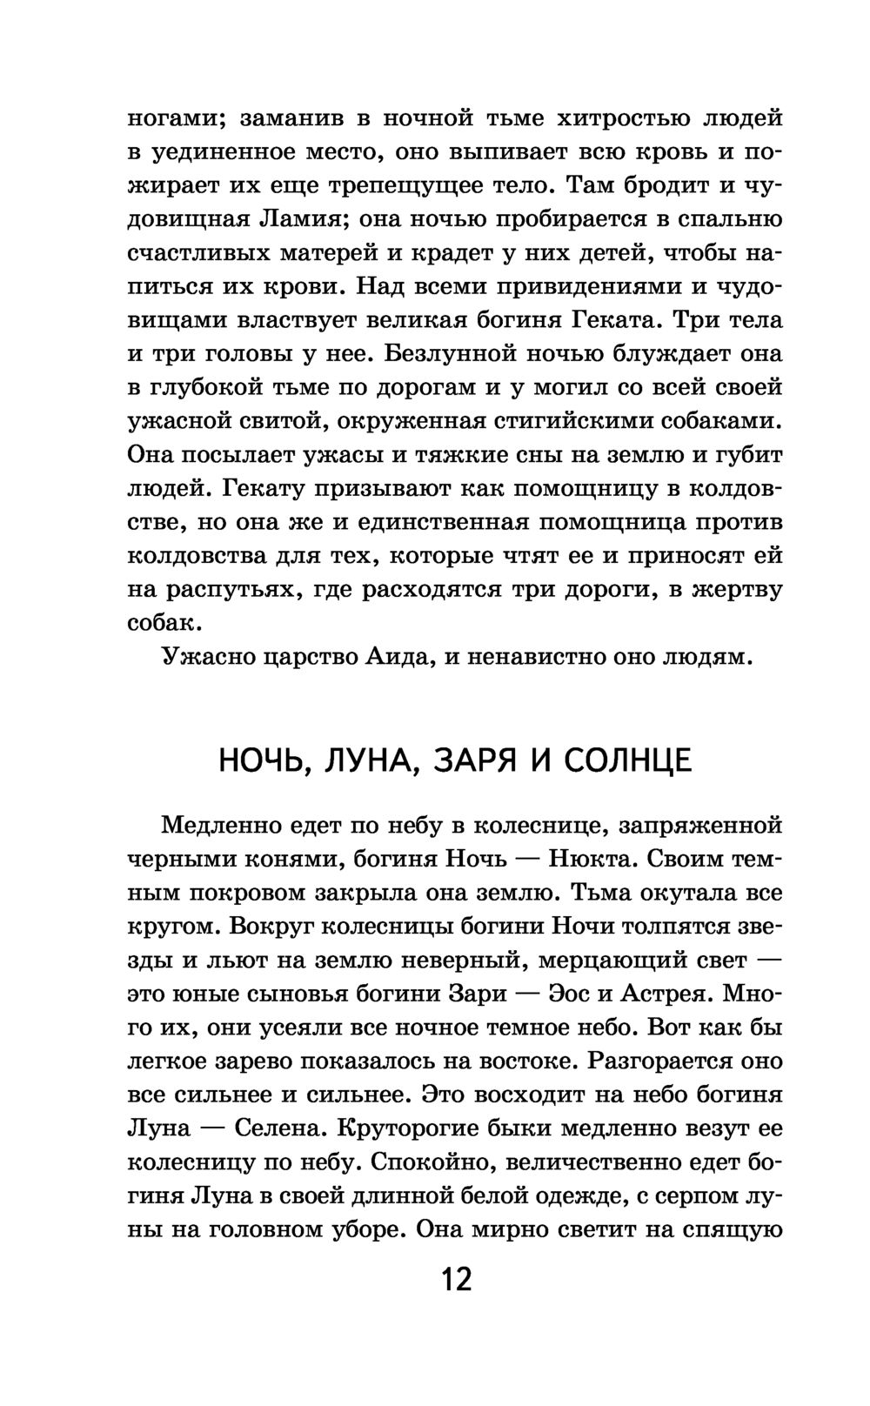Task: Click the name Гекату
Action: (x=266, y=489)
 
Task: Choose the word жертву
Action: (x=737, y=590)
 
